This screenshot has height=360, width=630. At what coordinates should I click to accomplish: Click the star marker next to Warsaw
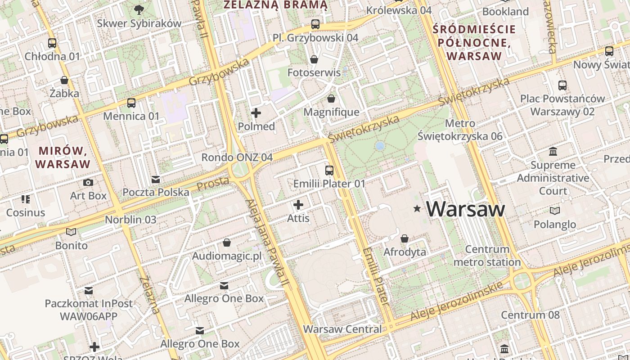[x=417, y=209]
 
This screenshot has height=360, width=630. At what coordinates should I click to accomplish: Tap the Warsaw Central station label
[x=342, y=329]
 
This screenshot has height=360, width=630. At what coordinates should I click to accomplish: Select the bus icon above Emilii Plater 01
[x=329, y=170]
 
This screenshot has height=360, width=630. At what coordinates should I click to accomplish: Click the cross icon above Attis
[x=298, y=205]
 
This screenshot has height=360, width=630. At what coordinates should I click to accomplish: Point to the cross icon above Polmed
[x=256, y=113]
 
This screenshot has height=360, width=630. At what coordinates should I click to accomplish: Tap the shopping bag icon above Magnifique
[x=331, y=99]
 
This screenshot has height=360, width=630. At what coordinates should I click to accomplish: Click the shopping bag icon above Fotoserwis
[x=314, y=59]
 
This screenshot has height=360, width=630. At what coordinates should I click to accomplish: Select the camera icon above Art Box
[x=88, y=182]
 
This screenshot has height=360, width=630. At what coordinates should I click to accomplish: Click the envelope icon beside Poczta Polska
[x=156, y=180]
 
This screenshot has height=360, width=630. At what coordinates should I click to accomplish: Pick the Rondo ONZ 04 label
[x=237, y=157]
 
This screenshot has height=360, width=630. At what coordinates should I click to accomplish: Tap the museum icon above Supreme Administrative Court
[x=553, y=152]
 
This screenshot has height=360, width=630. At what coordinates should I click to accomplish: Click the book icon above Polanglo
[x=555, y=211]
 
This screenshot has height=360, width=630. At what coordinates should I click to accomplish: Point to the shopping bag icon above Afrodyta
[x=405, y=238]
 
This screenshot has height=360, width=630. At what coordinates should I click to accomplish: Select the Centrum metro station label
[x=487, y=256]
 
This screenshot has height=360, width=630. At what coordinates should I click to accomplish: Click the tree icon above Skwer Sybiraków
[x=139, y=9]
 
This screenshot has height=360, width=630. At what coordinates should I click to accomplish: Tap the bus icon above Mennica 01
[x=131, y=103]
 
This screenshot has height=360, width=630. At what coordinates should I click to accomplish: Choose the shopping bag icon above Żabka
[x=64, y=81]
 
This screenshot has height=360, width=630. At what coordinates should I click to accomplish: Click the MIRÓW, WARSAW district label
[x=63, y=157]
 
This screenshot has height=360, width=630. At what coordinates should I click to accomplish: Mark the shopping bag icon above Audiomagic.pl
[x=227, y=243]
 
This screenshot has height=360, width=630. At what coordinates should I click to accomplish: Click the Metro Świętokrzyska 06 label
[x=460, y=130]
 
